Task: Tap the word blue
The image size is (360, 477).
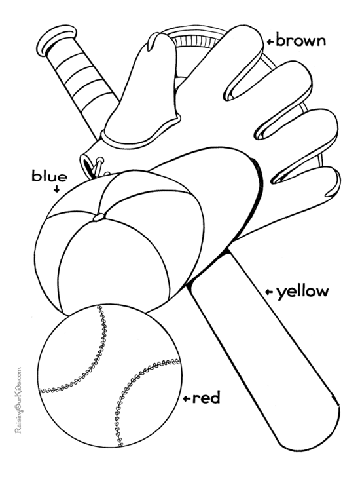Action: point(50,176)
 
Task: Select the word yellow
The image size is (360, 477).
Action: point(302,292)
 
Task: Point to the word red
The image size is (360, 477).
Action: point(206,398)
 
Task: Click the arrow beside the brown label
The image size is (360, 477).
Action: point(271,41)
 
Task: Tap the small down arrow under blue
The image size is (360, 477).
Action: point(56,189)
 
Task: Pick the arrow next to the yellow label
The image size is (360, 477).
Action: point(269,292)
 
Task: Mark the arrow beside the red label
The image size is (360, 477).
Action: point(187,398)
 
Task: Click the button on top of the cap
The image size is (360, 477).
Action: point(98,218)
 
